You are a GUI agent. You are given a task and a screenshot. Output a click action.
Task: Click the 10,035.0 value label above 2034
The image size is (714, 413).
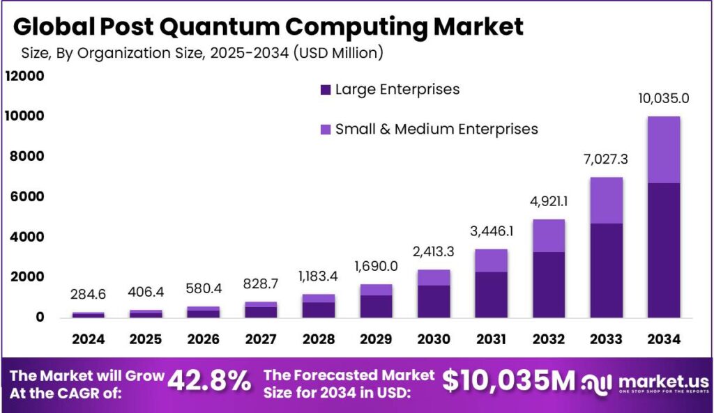[x=663, y=98]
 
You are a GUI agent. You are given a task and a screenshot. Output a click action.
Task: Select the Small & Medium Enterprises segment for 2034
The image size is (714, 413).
[x=663, y=150]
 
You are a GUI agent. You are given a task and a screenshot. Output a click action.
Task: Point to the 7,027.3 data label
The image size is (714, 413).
[x=607, y=159]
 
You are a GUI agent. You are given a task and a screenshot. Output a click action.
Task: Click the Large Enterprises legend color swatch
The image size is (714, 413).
[x=325, y=90]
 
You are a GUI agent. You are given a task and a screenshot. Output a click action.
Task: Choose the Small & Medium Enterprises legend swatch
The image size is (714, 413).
[x=325, y=130]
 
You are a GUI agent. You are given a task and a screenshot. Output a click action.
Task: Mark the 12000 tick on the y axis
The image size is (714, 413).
[x=24, y=76]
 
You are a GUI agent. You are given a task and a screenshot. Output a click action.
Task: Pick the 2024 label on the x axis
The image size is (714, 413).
[x=88, y=339]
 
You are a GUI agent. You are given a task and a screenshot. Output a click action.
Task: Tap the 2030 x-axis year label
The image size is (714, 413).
[x=434, y=339]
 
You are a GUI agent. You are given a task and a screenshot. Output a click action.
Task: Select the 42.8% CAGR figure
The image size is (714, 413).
[x=209, y=381]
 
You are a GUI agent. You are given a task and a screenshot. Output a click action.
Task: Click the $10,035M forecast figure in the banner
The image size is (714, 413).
[x=509, y=381]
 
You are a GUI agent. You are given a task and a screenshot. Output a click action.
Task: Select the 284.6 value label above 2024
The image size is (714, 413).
[x=88, y=295]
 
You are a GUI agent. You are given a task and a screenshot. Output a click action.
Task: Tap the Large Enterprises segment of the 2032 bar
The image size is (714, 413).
[x=549, y=284]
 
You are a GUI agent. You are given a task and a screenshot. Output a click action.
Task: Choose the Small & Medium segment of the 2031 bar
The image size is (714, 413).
[x=492, y=260]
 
